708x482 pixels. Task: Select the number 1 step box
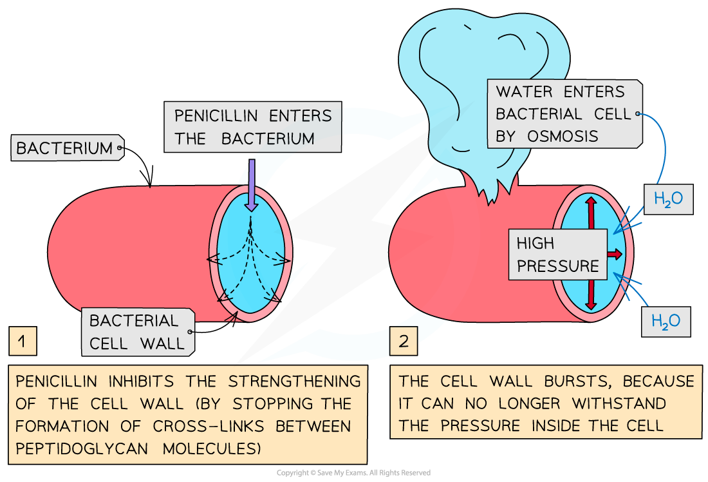(x=23, y=342)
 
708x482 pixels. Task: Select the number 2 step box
(x=404, y=342)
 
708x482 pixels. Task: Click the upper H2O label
(x=669, y=199)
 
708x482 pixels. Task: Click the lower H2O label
(x=666, y=320)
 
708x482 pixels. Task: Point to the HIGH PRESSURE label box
(x=557, y=254)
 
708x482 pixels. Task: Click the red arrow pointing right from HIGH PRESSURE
(x=615, y=255)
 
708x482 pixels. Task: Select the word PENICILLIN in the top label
(x=216, y=117)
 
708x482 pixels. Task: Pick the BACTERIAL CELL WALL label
(x=136, y=331)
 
